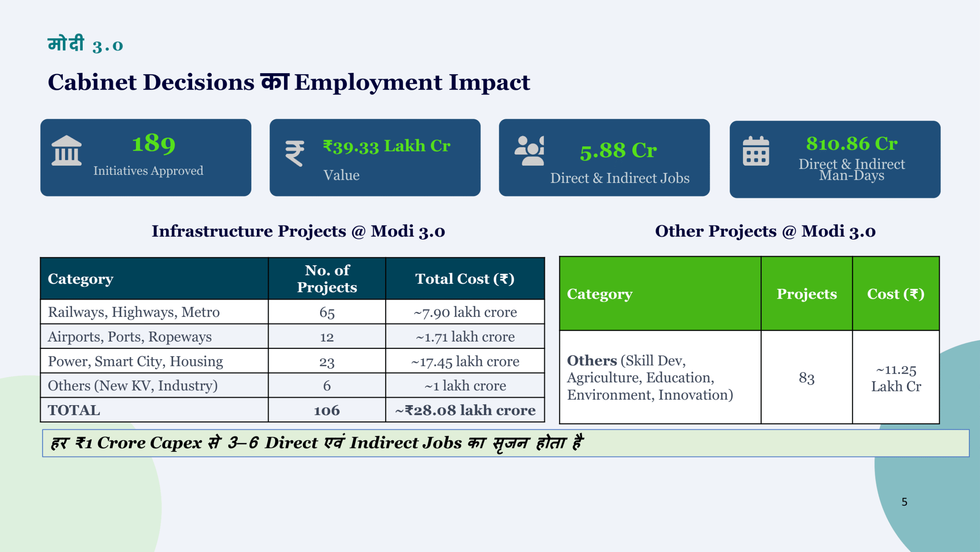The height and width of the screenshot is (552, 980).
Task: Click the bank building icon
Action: click(x=67, y=150)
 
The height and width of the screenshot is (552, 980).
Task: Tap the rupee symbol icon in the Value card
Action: click(x=295, y=153)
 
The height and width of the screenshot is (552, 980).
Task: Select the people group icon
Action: click(x=529, y=151)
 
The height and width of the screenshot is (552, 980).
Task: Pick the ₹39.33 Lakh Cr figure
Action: click(x=387, y=146)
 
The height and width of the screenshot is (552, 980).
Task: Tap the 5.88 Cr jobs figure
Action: click(x=618, y=151)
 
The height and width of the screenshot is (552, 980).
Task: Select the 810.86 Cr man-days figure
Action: click(x=852, y=144)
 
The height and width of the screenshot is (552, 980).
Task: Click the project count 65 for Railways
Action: click(x=327, y=312)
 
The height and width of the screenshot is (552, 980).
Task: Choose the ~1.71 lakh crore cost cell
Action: click(x=465, y=337)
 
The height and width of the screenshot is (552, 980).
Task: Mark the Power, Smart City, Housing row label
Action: click(x=136, y=361)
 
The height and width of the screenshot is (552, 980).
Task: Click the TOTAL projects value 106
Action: click(x=327, y=411)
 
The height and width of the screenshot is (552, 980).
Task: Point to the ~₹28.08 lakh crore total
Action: click(x=465, y=411)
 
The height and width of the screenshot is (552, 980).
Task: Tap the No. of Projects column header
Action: click(x=327, y=279)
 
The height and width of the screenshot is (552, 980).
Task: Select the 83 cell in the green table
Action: click(x=807, y=378)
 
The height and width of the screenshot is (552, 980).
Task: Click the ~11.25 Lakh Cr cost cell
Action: click(x=896, y=378)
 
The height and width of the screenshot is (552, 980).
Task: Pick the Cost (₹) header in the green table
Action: click(x=896, y=294)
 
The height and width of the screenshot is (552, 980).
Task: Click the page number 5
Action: click(x=905, y=502)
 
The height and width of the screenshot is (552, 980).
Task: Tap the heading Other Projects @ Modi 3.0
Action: click(x=765, y=231)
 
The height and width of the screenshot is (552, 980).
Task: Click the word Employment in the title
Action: click(x=368, y=83)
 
